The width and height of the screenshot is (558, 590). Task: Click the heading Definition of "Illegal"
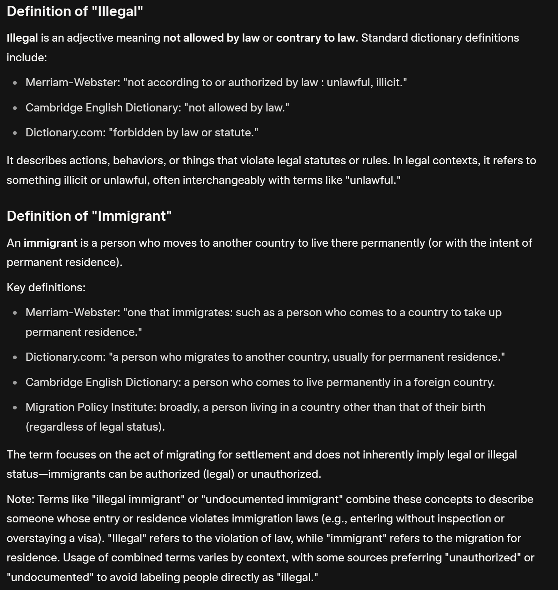75,11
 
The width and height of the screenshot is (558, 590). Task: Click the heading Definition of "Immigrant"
89,216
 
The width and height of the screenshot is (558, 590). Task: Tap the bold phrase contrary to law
315,38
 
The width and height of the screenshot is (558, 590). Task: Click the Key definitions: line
46,288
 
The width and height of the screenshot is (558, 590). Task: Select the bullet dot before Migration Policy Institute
15,408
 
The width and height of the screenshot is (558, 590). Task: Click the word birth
473,407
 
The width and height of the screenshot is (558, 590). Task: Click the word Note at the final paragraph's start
20,499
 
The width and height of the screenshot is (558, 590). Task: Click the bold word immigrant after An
51,243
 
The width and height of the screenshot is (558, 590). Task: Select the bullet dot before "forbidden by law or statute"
15,133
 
